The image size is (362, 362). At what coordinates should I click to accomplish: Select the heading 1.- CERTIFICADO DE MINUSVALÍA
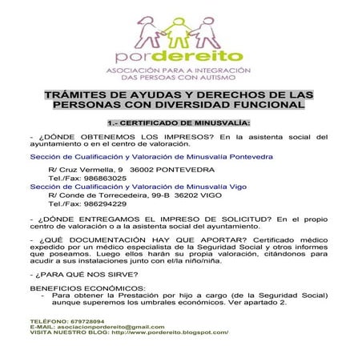coord(179,123)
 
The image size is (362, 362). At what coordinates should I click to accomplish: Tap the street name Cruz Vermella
coord(90,170)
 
